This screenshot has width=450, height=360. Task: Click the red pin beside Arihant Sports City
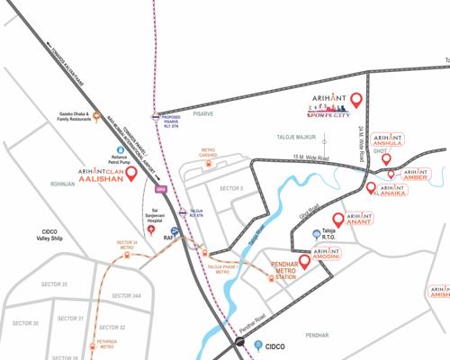355,100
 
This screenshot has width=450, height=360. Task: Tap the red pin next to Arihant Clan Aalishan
132,174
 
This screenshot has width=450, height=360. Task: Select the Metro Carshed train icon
207,165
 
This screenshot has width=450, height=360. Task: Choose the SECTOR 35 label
52,284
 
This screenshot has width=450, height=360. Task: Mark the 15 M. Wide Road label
310,158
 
